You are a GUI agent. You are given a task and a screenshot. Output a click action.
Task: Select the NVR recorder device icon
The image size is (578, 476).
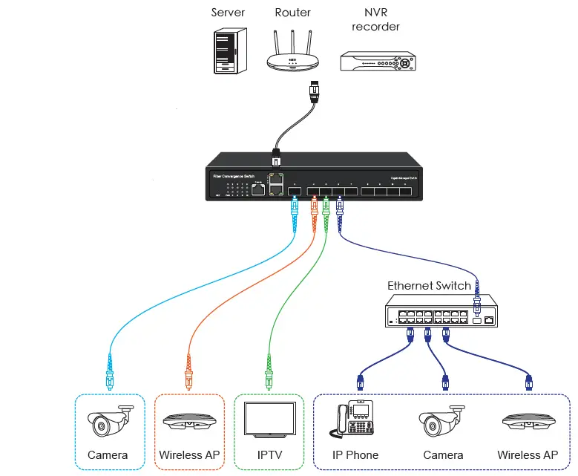[x=375, y=61]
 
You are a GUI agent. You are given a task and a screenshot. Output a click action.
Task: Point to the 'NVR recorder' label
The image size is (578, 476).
[x=375, y=19]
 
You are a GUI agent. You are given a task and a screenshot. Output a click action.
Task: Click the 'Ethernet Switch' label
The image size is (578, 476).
[x=429, y=285]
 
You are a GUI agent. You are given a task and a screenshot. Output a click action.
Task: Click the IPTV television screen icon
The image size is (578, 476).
[x=269, y=421]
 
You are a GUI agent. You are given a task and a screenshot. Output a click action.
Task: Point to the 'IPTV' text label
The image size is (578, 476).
[x=269, y=454]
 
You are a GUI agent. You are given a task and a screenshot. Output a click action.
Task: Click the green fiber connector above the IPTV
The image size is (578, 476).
[x=268, y=371]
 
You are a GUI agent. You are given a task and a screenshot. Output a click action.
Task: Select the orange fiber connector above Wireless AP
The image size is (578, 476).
[x=189, y=371]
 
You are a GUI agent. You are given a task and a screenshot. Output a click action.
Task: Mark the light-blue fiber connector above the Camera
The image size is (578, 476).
[x=110, y=371]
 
